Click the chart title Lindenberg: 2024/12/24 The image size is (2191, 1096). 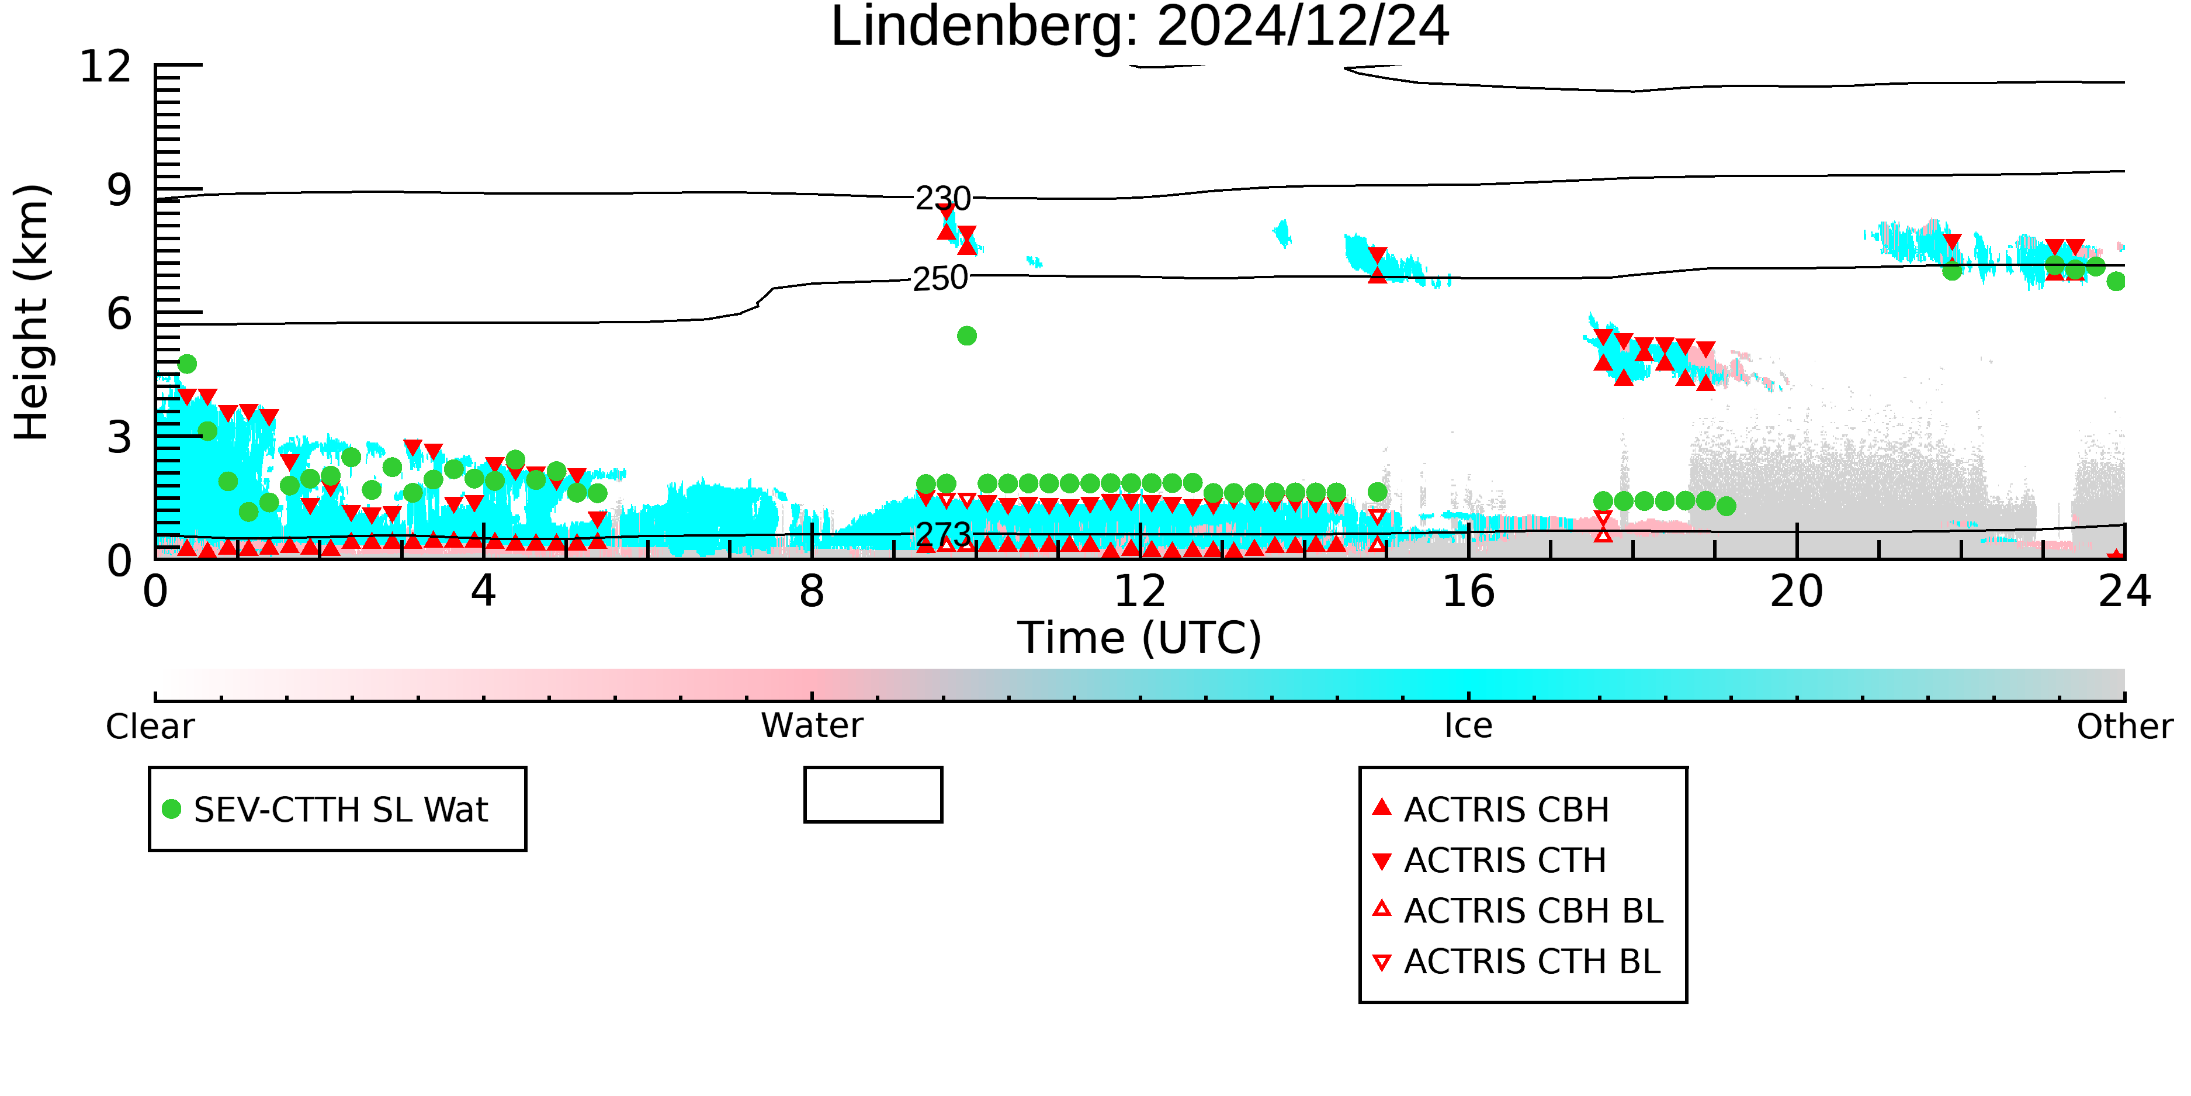[x=1140, y=27]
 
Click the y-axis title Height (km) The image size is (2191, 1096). [x=32, y=312]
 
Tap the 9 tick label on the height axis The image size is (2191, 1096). [x=120, y=190]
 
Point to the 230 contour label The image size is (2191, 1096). [x=942, y=198]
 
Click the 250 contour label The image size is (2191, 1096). [x=940, y=278]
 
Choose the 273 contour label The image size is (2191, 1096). [x=943, y=534]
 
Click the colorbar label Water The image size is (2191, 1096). [x=812, y=726]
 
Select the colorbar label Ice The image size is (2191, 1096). [x=1469, y=726]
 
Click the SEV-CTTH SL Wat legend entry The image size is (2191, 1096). [x=326, y=809]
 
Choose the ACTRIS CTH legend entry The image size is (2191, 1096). [x=1489, y=860]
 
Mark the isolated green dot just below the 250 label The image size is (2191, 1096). [x=967, y=336]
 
